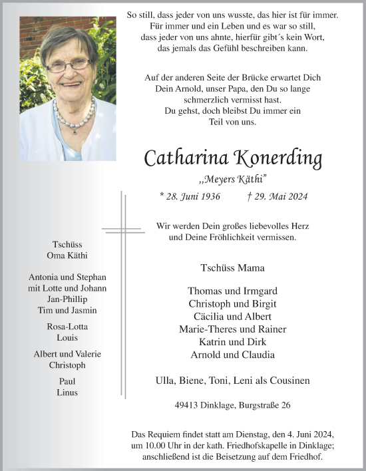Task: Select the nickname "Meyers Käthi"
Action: [233, 179]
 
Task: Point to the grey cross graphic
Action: [123, 293]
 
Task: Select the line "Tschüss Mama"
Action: [232, 268]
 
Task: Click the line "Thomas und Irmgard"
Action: [232, 291]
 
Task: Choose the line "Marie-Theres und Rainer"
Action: [232, 329]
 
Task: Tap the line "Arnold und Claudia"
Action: [232, 354]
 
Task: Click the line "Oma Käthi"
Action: [67, 256]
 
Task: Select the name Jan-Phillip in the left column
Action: [67, 299]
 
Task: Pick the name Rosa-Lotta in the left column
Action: [67, 327]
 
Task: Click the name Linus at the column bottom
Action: [67, 392]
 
